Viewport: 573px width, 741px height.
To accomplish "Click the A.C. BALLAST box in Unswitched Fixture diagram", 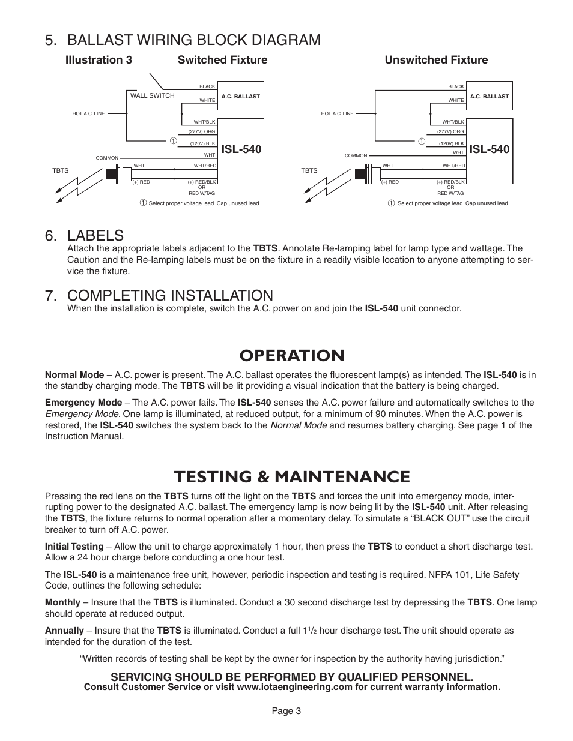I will tap(490, 96).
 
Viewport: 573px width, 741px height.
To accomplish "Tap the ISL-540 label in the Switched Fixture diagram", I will tap(241, 149).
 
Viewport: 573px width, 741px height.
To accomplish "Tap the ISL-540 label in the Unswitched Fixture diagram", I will tap(490, 149).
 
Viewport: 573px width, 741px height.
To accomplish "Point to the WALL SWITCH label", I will tap(153, 96).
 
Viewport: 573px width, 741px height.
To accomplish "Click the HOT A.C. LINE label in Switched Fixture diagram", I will tap(88, 113).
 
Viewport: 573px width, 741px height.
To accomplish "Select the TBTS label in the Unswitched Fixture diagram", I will tap(309, 171).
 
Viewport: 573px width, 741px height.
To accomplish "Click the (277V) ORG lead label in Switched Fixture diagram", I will tap(202, 131).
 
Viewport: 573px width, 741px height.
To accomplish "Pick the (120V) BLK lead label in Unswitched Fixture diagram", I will tap(451, 143).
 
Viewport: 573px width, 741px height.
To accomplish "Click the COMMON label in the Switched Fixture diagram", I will tap(108, 158).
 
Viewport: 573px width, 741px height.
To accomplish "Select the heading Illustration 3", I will tap(99, 60).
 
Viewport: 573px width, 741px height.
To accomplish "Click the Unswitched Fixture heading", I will tap(436, 60).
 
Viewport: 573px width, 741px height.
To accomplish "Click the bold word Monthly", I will tap(62, 602).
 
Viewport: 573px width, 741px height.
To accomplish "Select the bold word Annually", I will tap(64, 631).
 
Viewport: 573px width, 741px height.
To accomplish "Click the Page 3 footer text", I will tap(286, 711).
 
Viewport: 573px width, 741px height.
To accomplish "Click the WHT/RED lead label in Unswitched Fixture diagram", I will tap(454, 166).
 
